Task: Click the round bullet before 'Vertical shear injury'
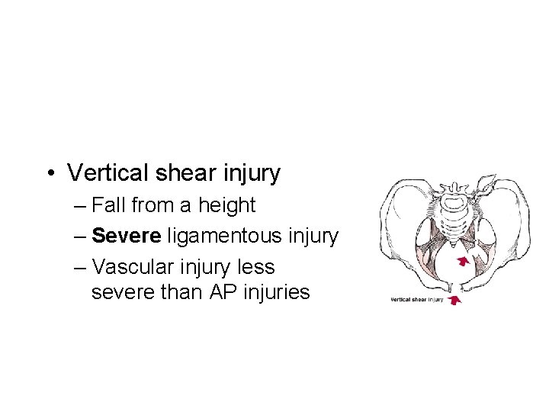(49, 173)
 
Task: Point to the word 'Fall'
(108, 206)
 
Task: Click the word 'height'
(226, 206)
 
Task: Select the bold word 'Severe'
(126, 237)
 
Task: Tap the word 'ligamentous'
(223, 237)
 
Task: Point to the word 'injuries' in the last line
(278, 291)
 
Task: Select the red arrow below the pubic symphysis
(455, 301)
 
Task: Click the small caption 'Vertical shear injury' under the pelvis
(417, 300)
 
